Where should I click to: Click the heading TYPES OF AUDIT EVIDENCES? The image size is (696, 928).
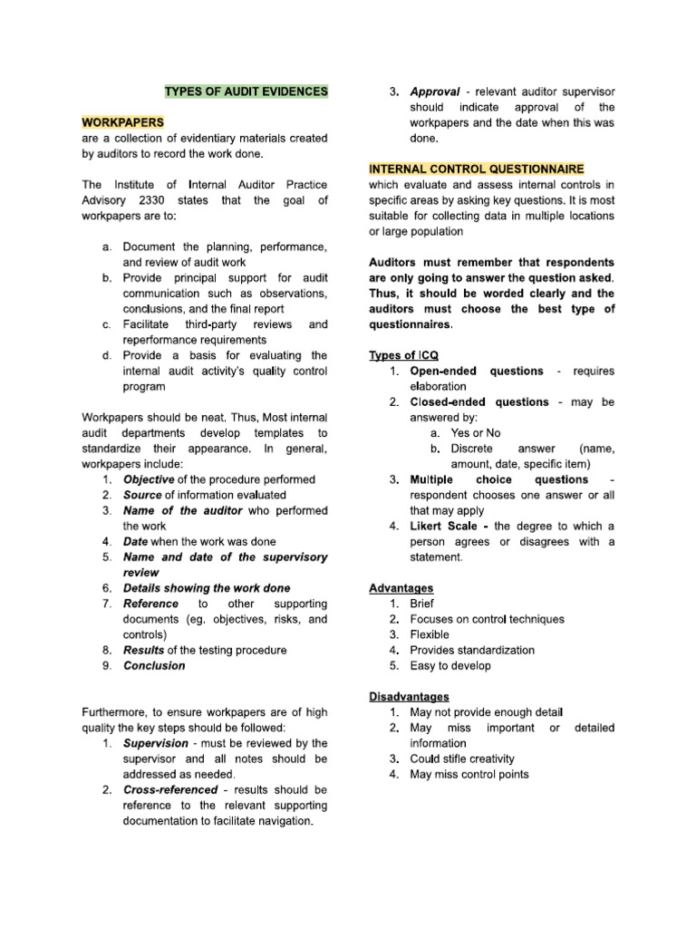(246, 92)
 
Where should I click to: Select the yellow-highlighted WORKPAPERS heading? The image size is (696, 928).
(122, 122)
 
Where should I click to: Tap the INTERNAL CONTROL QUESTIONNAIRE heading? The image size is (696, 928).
(476, 169)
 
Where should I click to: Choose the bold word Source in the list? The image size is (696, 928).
(142, 495)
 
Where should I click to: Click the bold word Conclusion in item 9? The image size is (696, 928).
(154, 665)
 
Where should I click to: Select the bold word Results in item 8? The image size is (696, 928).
(145, 650)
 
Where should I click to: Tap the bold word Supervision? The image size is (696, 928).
(157, 743)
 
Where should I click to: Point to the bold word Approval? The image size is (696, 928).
(436, 92)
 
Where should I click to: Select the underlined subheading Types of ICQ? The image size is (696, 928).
(404, 355)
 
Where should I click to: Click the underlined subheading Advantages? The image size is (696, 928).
(401, 588)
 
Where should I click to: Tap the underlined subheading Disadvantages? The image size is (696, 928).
(409, 697)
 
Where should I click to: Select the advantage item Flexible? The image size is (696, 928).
(430, 634)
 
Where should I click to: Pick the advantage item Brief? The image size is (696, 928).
(422, 604)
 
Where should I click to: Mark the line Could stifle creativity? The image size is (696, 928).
(462, 759)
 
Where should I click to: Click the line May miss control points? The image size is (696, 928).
(469, 774)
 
